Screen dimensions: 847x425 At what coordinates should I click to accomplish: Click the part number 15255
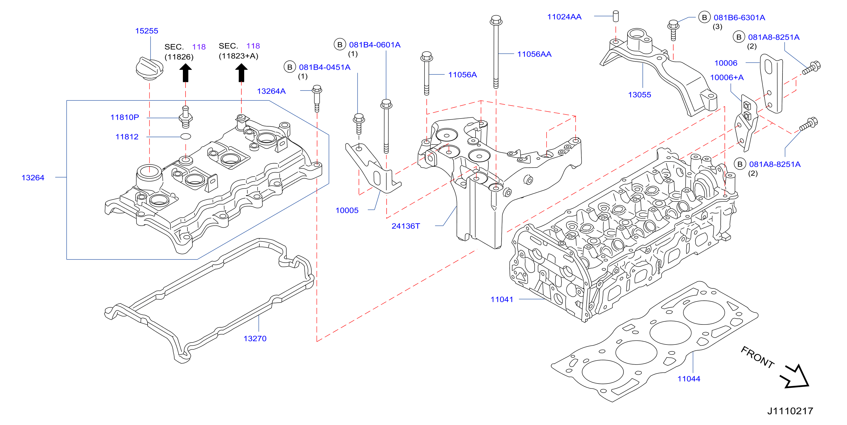pos(147,31)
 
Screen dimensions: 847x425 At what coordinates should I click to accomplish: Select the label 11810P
pos(125,117)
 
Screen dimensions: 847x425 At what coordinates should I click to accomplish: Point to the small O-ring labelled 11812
pos(186,136)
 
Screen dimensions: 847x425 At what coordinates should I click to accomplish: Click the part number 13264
pos(33,178)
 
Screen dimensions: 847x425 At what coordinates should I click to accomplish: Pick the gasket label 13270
pos(255,339)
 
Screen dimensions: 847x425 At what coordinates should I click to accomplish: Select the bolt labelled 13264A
pos(317,99)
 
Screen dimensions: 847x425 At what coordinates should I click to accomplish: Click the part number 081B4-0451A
pos(324,67)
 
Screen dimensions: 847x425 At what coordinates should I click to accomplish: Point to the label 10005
pos(347,210)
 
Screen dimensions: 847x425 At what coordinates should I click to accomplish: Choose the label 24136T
pos(406,226)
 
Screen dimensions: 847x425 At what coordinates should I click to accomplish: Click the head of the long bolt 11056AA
pos(496,20)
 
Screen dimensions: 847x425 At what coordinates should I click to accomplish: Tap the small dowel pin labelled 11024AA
pos(616,16)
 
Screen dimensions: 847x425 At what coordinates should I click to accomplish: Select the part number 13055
pos(639,95)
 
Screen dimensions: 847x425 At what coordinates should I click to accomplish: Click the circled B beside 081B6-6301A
pos(704,17)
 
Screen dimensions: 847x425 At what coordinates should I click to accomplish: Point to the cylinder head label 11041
pos(502,300)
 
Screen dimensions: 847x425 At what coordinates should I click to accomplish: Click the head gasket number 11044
pos(689,379)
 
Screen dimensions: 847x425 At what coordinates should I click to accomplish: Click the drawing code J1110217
pos(790,411)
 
